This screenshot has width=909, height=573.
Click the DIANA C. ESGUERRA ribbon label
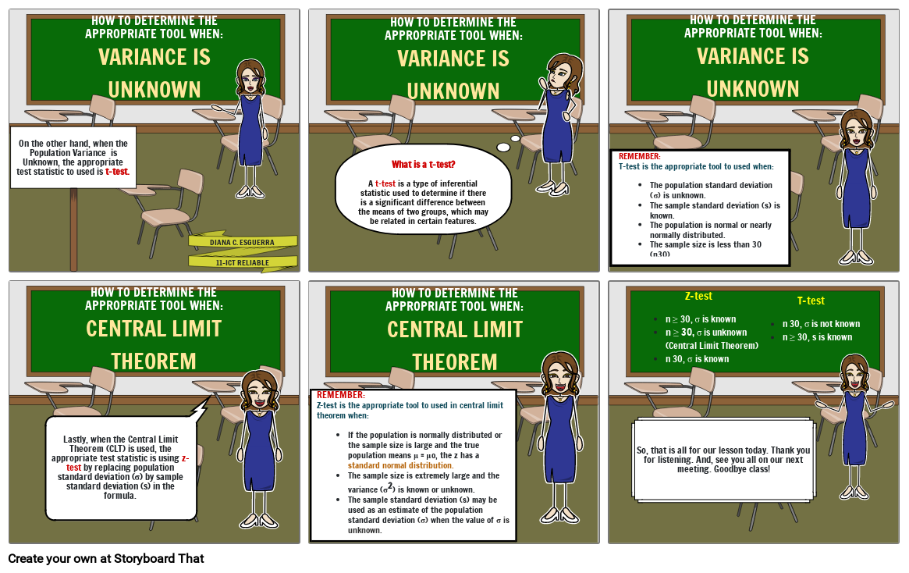[242, 243]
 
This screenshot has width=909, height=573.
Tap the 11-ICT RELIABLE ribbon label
[243, 263]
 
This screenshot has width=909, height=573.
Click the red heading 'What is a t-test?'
[423, 164]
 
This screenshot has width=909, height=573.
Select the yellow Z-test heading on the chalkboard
[698, 296]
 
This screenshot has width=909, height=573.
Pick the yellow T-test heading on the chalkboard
[811, 301]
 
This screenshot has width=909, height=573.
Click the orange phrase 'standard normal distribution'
[400, 465]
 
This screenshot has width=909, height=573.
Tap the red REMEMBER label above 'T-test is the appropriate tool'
[640, 156]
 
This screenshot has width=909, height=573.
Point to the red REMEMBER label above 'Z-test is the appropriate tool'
[341, 395]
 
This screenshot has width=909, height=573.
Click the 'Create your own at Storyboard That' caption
[106, 558]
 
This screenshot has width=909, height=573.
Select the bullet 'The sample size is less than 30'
[705, 245]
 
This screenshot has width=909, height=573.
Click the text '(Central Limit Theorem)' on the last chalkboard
[712, 346]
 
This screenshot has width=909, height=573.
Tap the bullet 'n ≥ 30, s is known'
[818, 337]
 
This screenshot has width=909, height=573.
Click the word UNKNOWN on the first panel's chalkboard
[154, 90]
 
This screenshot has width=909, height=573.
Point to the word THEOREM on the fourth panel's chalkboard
[154, 361]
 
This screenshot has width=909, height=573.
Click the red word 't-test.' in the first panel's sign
[117, 172]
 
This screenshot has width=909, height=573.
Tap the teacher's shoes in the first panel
[250, 192]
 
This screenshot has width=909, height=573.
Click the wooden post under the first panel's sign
[73, 230]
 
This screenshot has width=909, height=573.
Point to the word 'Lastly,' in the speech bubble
[76, 440]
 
